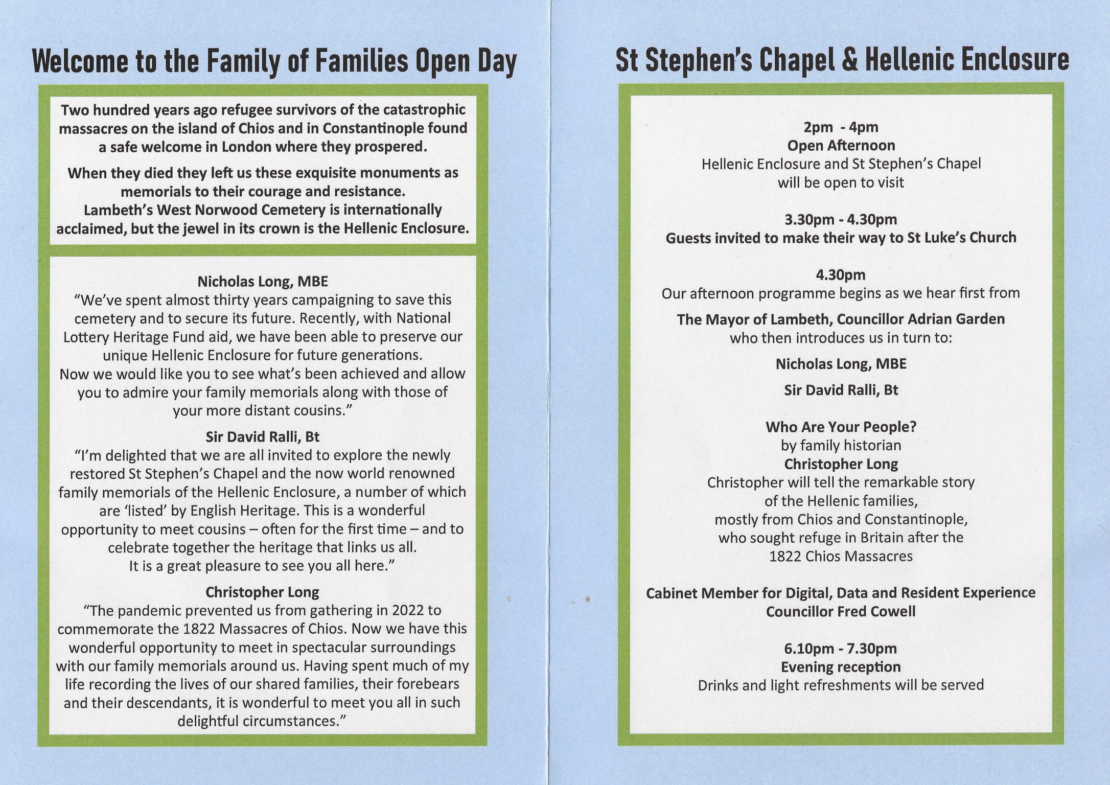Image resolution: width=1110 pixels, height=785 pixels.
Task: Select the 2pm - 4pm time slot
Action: [x=841, y=127]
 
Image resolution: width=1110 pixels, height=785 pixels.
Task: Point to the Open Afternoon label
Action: [x=841, y=146]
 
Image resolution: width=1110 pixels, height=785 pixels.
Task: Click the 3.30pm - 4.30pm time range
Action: [x=841, y=219]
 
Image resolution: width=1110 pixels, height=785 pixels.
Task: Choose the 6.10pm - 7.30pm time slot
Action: [x=841, y=649]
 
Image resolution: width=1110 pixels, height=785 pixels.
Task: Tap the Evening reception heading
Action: [x=841, y=667]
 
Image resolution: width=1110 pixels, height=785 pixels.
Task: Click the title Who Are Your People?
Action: [x=841, y=427]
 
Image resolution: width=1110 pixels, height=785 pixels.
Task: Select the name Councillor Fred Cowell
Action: [x=841, y=612]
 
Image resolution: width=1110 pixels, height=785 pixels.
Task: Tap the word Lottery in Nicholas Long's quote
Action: [x=87, y=337]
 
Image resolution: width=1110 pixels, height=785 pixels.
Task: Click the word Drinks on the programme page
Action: [x=718, y=685]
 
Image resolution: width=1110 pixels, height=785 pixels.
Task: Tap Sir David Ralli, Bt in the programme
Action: [x=841, y=390]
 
